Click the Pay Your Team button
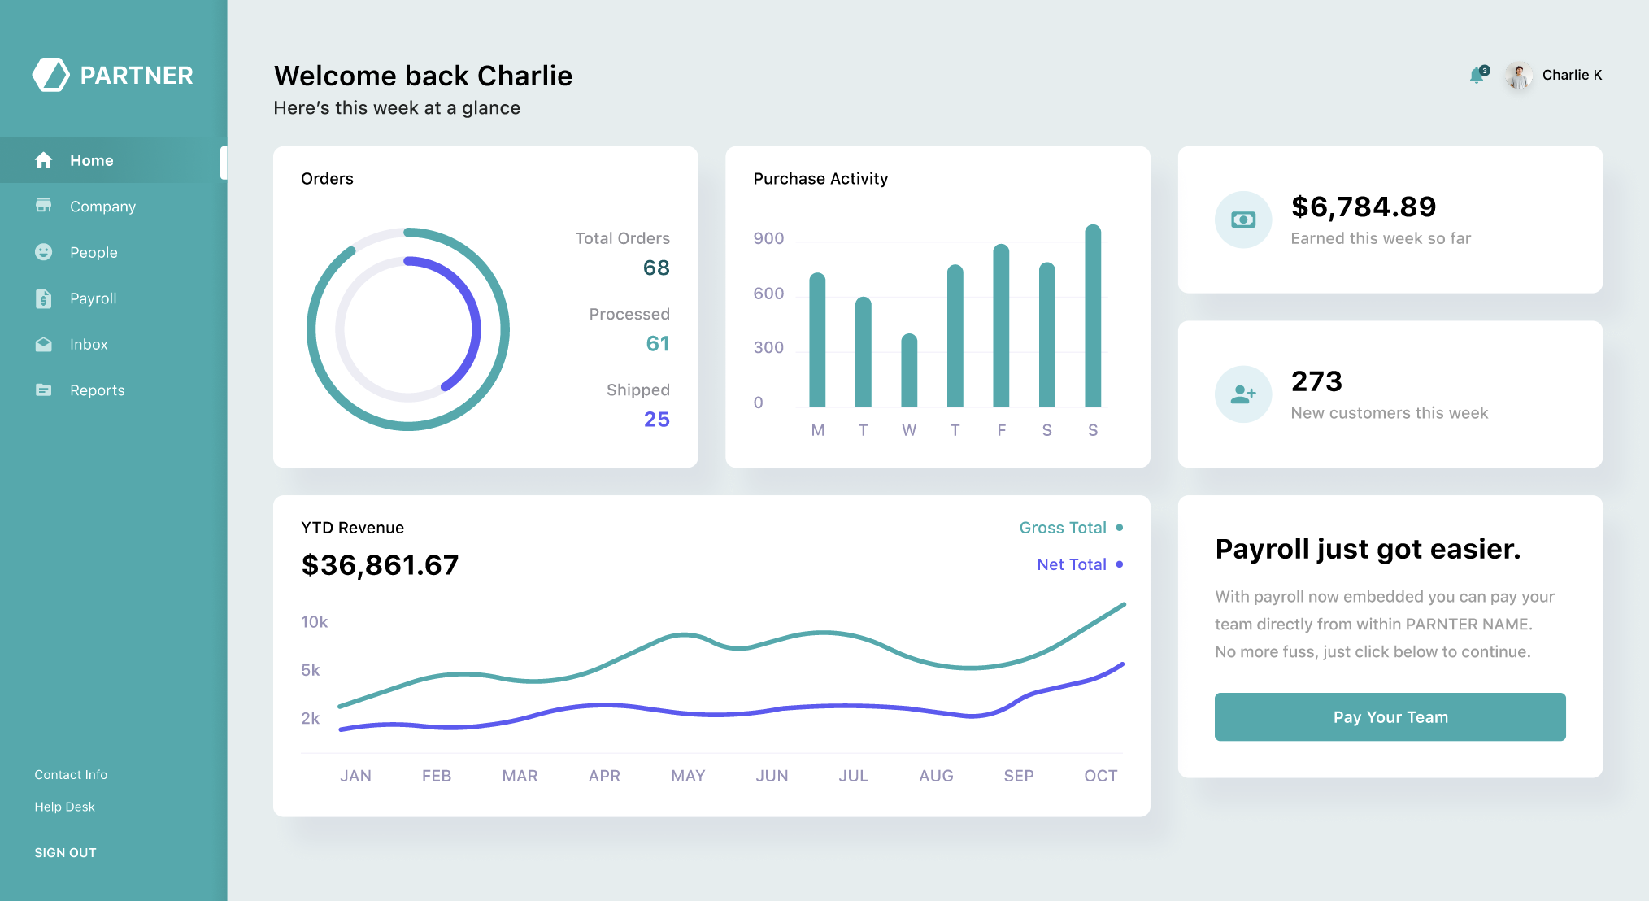[x=1390, y=716]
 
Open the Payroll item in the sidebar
[x=93, y=298]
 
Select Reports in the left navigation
[x=97, y=390]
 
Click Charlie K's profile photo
[x=1518, y=76]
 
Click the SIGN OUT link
[x=65, y=852]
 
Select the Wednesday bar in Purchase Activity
[x=909, y=371]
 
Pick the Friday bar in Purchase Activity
[x=1001, y=325]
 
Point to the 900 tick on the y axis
[x=768, y=238]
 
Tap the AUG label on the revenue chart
[x=936, y=776]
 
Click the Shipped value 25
[x=656, y=419]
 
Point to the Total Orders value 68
[x=656, y=268]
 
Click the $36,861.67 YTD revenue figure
[x=380, y=565]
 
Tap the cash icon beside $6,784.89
[x=1243, y=220]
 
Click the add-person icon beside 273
[x=1243, y=394]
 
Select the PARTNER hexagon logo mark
[x=51, y=75]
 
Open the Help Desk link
[x=64, y=807]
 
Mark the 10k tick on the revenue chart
[x=314, y=622]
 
